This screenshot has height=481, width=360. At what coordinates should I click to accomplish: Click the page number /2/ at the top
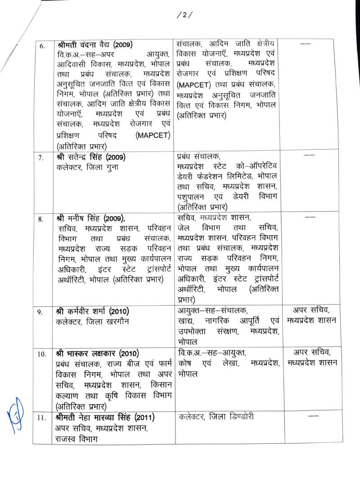pos(184,15)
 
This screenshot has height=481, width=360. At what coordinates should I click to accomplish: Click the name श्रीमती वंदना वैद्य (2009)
pos(94,45)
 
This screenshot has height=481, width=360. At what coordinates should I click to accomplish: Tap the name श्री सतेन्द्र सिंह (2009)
pos(89,157)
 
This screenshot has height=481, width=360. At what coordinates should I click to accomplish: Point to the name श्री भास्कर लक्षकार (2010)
pos(95,353)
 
